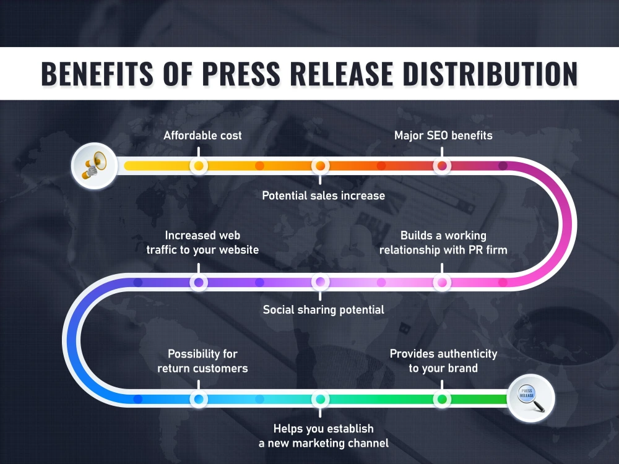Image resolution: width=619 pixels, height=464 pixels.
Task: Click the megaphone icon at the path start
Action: click(94, 166)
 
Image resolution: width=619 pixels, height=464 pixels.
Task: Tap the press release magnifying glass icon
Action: click(531, 398)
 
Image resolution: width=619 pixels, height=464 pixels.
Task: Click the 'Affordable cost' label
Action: click(202, 135)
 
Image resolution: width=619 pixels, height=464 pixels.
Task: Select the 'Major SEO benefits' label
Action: click(443, 135)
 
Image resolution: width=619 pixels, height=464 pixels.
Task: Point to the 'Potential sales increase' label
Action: click(323, 195)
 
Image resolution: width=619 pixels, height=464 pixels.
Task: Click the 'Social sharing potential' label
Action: click(323, 310)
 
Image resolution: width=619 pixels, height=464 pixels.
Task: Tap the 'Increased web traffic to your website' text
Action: click(202, 243)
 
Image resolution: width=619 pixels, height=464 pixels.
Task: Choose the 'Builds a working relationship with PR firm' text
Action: click(443, 243)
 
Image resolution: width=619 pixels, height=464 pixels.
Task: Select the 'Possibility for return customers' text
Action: click(202, 361)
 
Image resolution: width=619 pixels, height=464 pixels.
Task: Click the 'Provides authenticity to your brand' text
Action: click(443, 361)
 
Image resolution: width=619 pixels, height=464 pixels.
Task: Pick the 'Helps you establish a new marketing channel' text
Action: click(323, 436)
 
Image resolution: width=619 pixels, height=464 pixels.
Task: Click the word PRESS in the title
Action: click(241, 74)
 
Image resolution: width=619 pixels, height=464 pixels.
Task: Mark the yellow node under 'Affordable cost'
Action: click(199, 166)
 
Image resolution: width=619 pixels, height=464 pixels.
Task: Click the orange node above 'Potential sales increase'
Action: click(320, 166)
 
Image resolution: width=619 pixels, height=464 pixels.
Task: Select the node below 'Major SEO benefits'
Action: click(442, 166)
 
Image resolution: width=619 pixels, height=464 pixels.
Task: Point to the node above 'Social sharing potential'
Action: click(320, 282)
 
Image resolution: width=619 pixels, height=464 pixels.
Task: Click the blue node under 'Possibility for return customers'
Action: click(199, 399)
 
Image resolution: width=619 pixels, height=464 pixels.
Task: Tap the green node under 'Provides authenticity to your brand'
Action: click(442, 399)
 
